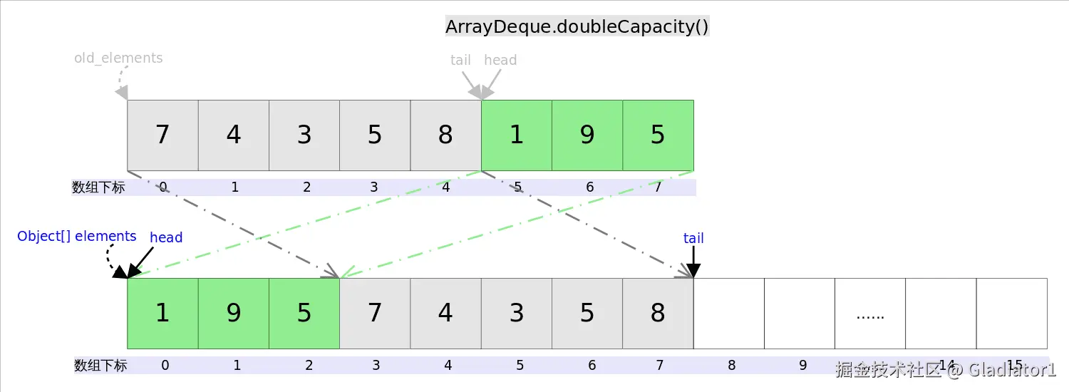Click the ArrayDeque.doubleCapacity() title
click(577, 26)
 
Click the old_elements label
click(118, 58)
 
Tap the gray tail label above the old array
click(460, 60)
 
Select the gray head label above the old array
click(500, 60)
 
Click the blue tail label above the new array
click(693, 238)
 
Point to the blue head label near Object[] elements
click(166, 237)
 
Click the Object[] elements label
click(76, 236)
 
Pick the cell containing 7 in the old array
click(162, 135)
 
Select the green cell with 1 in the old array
click(517, 135)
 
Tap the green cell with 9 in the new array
click(234, 313)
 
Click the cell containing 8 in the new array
click(658, 313)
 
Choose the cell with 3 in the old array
click(304, 135)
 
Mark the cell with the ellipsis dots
click(869, 314)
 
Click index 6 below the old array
click(589, 187)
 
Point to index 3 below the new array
click(376, 366)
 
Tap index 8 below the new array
click(731, 366)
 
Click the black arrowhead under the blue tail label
click(693, 271)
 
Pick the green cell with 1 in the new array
click(162, 313)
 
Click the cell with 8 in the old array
click(445, 135)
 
